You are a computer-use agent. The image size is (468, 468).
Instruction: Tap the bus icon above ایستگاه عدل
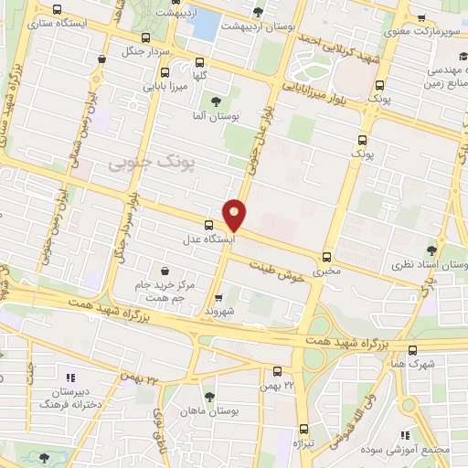point(209,225)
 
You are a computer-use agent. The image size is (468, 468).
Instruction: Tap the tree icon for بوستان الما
point(216,102)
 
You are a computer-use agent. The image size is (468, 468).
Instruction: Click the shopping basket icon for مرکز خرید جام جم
point(164,271)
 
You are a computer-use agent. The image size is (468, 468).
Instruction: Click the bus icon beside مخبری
point(327,258)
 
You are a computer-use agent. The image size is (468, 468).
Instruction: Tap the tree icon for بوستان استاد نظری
point(431,248)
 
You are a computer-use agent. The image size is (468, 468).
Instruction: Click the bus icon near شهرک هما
point(413,349)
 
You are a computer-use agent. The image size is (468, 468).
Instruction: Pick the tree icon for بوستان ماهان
point(210,397)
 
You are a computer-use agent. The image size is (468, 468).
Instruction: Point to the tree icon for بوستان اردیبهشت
point(259,13)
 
